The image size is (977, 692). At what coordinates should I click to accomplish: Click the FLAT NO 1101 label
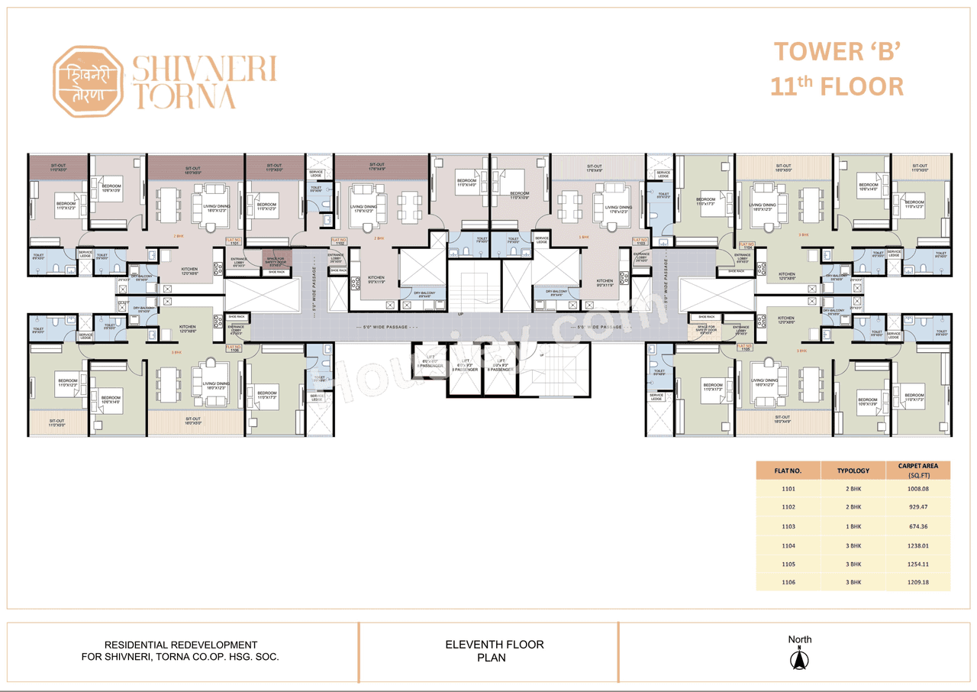(x=234, y=241)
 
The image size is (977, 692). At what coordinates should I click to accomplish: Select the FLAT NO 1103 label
(x=640, y=241)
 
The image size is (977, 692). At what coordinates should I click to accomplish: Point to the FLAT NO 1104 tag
(x=746, y=246)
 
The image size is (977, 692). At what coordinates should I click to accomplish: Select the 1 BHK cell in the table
(x=854, y=526)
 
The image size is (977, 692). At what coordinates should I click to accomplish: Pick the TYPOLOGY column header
(x=854, y=470)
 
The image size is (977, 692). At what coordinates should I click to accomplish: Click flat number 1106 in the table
(x=788, y=582)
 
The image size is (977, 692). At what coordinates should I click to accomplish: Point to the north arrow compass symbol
(x=800, y=658)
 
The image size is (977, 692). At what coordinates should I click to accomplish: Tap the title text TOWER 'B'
(x=838, y=52)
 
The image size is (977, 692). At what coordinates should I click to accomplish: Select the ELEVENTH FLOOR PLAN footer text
(x=494, y=651)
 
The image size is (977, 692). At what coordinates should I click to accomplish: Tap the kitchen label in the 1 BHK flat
(x=604, y=283)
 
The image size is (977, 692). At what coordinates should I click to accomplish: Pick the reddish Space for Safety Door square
(x=276, y=258)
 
